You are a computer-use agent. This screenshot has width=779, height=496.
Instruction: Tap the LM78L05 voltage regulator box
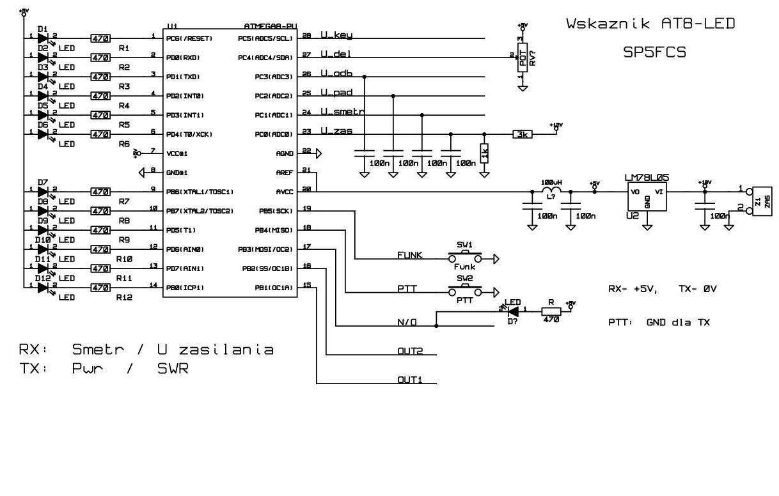click(x=647, y=198)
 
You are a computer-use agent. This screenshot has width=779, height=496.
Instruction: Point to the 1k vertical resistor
click(x=484, y=153)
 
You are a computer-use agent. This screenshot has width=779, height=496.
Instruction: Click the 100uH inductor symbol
click(x=551, y=192)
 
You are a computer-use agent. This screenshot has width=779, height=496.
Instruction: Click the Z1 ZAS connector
click(x=761, y=201)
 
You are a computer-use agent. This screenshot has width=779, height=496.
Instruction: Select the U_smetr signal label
click(x=342, y=111)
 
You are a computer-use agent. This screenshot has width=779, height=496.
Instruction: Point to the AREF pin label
click(x=285, y=173)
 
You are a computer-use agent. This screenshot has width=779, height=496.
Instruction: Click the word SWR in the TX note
click(x=173, y=369)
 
